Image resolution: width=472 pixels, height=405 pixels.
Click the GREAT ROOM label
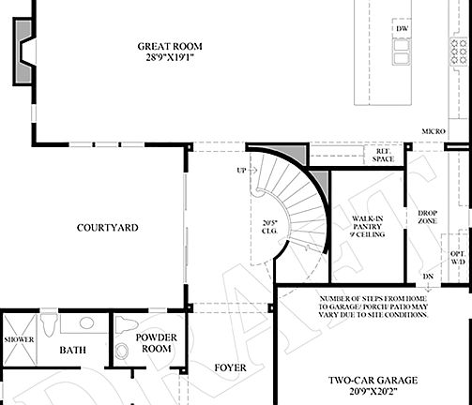[170, 46]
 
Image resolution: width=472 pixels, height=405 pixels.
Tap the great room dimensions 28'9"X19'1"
[170, 58]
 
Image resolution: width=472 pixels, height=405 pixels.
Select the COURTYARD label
[108, 228]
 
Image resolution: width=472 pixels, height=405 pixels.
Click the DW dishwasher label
[402, 30]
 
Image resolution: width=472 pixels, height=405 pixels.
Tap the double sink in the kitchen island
[402, 54]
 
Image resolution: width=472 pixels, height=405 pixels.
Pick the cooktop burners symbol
[463, 49]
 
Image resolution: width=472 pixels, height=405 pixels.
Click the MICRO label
[432, 131]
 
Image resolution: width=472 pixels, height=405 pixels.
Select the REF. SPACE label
[383, 155]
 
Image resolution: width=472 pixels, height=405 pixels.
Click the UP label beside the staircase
[241, 171]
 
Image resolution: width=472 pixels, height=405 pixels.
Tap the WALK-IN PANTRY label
[366, 224]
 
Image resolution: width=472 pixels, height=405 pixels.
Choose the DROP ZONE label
[427, 217]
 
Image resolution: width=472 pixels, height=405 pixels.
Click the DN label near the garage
[428, 276]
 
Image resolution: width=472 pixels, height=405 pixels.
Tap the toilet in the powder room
[121, 351]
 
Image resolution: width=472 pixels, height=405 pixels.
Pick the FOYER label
[230, 367]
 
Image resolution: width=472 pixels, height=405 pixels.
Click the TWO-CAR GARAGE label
[372, 381]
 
